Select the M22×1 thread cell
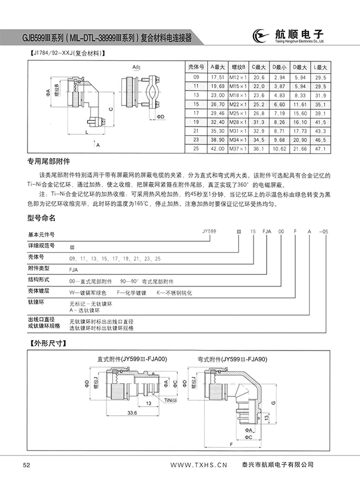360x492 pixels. point(238,105)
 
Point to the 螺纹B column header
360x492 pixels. point(238,66)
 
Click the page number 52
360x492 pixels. point(26,465)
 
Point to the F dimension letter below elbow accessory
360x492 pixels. point(230,444)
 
